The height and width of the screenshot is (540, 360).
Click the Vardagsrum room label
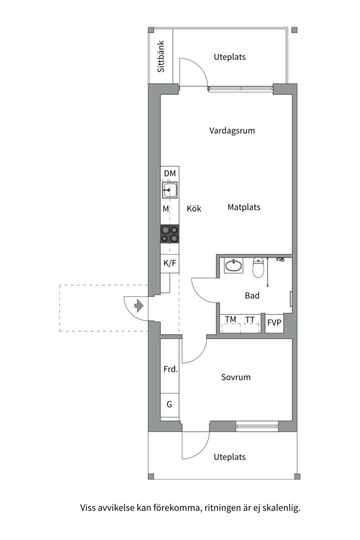[232, 131]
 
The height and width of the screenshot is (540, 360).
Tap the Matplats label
[244, 207]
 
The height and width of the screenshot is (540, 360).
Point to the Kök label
[194, 208]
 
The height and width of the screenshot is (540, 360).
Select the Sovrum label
[235, 377]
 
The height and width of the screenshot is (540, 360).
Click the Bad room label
[252, 295]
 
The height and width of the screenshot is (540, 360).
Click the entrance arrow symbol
[138, 306]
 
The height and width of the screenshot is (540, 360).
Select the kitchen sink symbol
[170, 190]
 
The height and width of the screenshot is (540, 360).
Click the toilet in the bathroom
[258, 267]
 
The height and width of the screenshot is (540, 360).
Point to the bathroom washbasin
[234, 265]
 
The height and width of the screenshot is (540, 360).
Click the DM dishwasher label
[170, 173]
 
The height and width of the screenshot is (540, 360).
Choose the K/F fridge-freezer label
[170, 263]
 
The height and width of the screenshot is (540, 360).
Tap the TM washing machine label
[230, 319]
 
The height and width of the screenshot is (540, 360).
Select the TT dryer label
[250, 320]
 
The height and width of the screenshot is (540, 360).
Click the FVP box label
[274, 323]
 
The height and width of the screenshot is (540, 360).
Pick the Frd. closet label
[170, 369]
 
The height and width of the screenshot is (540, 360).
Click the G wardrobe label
[169, 404]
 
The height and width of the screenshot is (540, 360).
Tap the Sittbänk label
[161, 56]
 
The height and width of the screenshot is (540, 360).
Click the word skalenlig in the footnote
[281, 508]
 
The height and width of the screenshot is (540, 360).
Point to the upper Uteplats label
[230, 57]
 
